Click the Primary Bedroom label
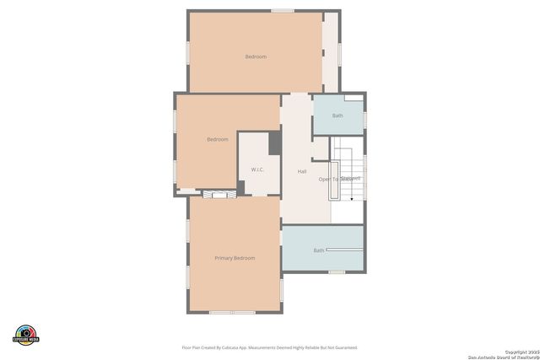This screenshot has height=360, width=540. point(235,258)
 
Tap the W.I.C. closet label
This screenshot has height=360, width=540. point(257,170)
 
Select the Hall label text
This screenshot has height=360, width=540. point(302,172)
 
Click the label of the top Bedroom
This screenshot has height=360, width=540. point(256,56)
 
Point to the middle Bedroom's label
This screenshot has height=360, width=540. point(218,139)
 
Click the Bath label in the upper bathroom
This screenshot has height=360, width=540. point(337,116)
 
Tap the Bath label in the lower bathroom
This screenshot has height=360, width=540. point(319,250)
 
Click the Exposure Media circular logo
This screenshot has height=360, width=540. point(26,334)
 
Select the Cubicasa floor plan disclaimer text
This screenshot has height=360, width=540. point(269,347)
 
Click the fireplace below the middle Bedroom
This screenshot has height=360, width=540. point(219,194)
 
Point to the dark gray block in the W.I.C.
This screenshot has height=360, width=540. point(274,143)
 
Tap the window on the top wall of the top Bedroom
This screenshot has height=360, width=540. point(283,11)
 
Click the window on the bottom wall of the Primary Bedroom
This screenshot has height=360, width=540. point(232,313)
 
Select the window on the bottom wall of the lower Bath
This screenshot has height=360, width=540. point(337,271)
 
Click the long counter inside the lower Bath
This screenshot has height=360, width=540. point(344,250)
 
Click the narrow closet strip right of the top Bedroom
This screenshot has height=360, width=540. point(331,51)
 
